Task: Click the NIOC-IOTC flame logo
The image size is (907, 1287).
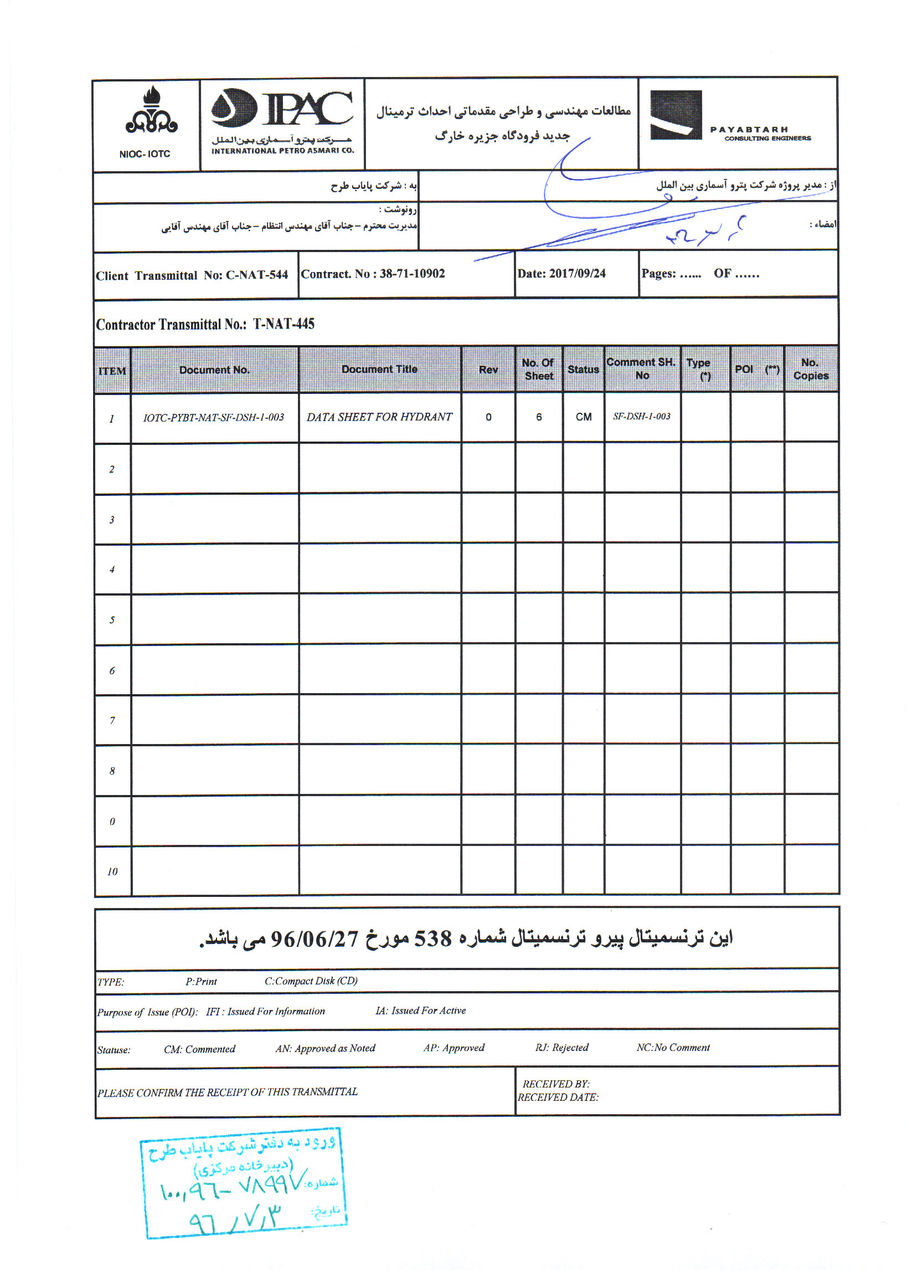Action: pyautogui.click(x=151, y=111)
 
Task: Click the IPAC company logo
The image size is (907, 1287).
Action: pyautogui.click(x=282, y=109)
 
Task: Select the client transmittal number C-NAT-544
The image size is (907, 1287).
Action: pyautogui.click(x=256, y=275)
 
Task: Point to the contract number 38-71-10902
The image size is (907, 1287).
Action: pyautogui.click(x=412, y=274)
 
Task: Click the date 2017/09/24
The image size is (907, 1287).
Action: pyautogui.click(x=577, y=274)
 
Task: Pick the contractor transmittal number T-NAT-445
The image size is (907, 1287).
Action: pyautogui.click(x=284, y=324)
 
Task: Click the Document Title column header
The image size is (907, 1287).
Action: pyautogui.click(x=379, y=370)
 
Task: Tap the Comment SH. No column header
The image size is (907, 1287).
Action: pyautogui.click(x=641, y=369)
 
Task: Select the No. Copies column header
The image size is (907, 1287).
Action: pyautogui.click(x=810, y=370)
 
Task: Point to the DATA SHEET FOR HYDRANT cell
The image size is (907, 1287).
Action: pyautogui.click(x=379, y=417)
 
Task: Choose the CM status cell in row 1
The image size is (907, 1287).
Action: pyautogui.click(x=583, y=417)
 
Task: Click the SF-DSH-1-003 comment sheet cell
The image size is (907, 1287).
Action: pyautogui.click(x=641, y=417)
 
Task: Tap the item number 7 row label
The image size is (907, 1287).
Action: pyautogui.click(x=112, y=721)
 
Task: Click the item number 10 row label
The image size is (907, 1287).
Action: pyautogui.click(x=112, y=871)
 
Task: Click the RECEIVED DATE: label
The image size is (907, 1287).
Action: pyautogui.click(x=558, y=1098)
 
